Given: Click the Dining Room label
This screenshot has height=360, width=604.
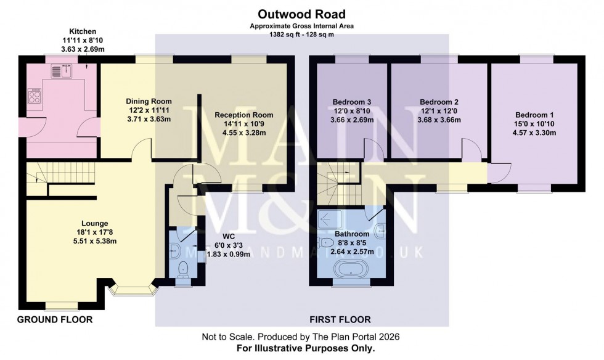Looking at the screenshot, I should point(149,101).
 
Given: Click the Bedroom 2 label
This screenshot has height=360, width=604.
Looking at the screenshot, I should point(439,102).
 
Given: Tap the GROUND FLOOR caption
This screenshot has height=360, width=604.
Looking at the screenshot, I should point(54,319).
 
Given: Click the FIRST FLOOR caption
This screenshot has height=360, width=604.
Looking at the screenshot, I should point(340,319).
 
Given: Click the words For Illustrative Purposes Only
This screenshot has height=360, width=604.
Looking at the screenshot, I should point(306,348).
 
